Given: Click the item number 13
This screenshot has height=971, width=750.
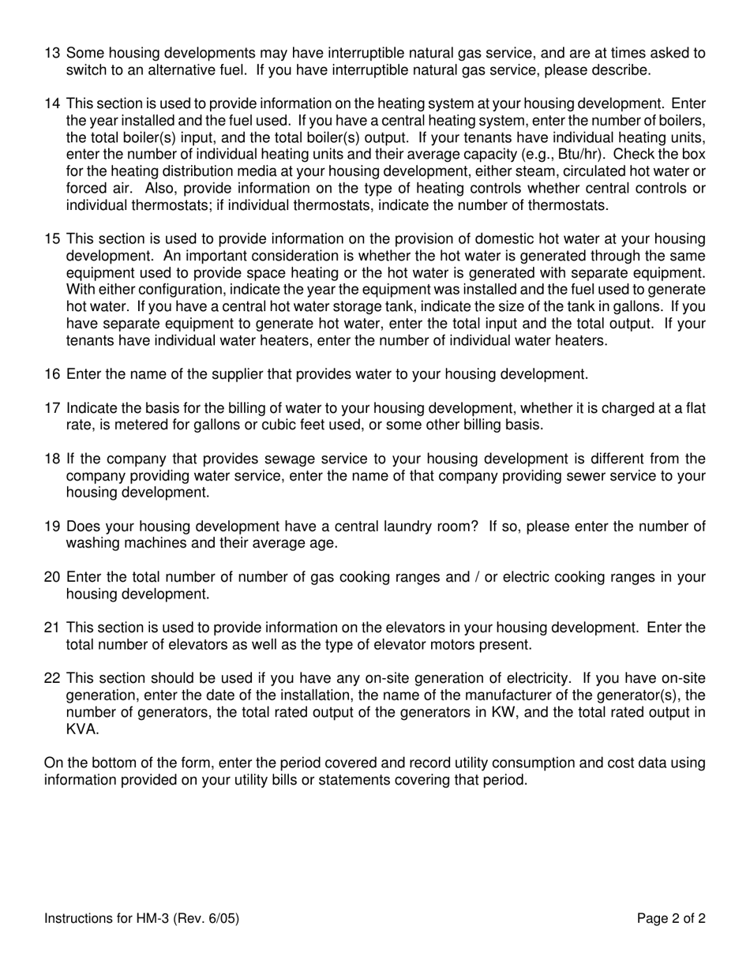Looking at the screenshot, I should pos(52,54).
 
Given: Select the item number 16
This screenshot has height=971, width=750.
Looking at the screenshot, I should pos(52,374).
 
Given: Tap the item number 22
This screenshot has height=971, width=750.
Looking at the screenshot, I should pos(52,679).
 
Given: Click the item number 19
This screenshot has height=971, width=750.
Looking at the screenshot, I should pos(52,527).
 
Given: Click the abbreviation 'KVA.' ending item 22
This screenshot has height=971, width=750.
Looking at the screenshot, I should pos(83,729).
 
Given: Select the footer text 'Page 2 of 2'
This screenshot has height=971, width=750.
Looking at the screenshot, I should pos(671,919).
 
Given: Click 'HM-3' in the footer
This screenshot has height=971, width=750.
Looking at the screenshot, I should pos(152,919).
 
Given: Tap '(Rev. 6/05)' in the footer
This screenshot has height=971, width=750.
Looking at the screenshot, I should pos(206,919).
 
